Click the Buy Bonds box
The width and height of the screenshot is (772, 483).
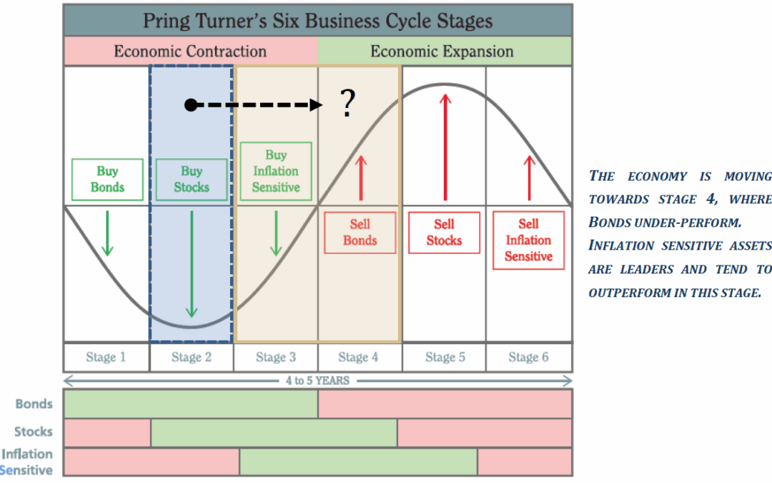(x=107, y=179)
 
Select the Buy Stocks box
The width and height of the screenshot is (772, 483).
(x=191, y=179)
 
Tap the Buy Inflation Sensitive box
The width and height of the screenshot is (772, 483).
(x=275, y=171)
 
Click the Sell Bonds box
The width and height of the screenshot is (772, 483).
(x=360, y=232)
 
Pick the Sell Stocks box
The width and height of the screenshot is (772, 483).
(x=444, y=232)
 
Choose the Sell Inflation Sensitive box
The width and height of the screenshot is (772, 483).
(x=528, y=240)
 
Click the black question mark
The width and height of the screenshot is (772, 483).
(x=348, y=104)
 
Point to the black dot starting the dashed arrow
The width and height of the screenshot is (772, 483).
(x=190, y=105)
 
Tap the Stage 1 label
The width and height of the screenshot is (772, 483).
(x=107, y=357)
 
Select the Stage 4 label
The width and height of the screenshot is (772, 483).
(x=360, y=357)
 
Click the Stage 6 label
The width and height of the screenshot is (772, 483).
(x=528, y=357)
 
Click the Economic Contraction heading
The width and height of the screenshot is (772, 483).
(x=190, y=52)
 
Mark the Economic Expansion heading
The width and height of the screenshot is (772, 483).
(x=442, y=52)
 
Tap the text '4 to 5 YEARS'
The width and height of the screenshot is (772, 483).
(x=318, y=381)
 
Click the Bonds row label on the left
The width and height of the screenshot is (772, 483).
(x=34, y=404)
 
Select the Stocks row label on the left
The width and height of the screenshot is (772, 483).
(x=34, y=431)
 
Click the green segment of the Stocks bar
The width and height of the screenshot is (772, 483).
(x=274, y=433)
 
